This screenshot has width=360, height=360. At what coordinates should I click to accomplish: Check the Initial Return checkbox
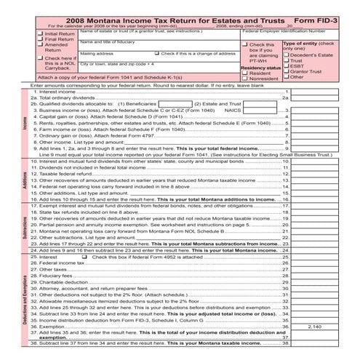[41, 33]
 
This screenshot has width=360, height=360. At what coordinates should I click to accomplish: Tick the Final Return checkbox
[41, 39]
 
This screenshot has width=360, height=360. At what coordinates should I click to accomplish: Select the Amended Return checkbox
[41, 45]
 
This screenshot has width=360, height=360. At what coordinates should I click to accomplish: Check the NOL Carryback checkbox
[41, 57]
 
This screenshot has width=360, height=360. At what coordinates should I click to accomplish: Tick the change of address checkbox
[158, 54]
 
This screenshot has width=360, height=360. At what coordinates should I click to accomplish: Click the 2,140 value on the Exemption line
[314, 327]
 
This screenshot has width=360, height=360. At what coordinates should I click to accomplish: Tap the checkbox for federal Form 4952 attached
[85, 257]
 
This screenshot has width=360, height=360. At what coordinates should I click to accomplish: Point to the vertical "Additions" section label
[25, 177]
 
